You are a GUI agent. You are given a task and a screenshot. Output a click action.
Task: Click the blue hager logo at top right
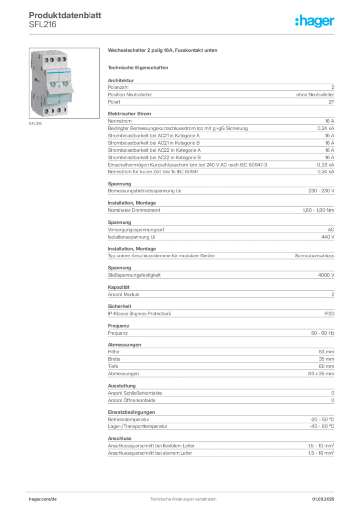tap(315, 22)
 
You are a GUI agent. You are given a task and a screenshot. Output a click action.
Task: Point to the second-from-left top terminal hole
tap(52, 60)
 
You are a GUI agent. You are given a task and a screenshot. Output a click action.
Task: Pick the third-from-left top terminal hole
tap(59, 60)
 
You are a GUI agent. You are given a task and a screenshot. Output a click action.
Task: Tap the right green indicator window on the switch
tap(65, 84)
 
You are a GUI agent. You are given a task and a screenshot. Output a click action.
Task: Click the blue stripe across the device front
tap(58, 72)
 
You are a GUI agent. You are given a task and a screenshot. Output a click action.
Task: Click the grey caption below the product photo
tap(36, 124)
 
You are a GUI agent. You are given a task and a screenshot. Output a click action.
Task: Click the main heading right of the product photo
tap(163, 51)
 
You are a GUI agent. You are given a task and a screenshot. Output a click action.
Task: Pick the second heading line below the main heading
tap(139, 66)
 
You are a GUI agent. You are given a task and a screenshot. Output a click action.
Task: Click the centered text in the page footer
tap(183, 496)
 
